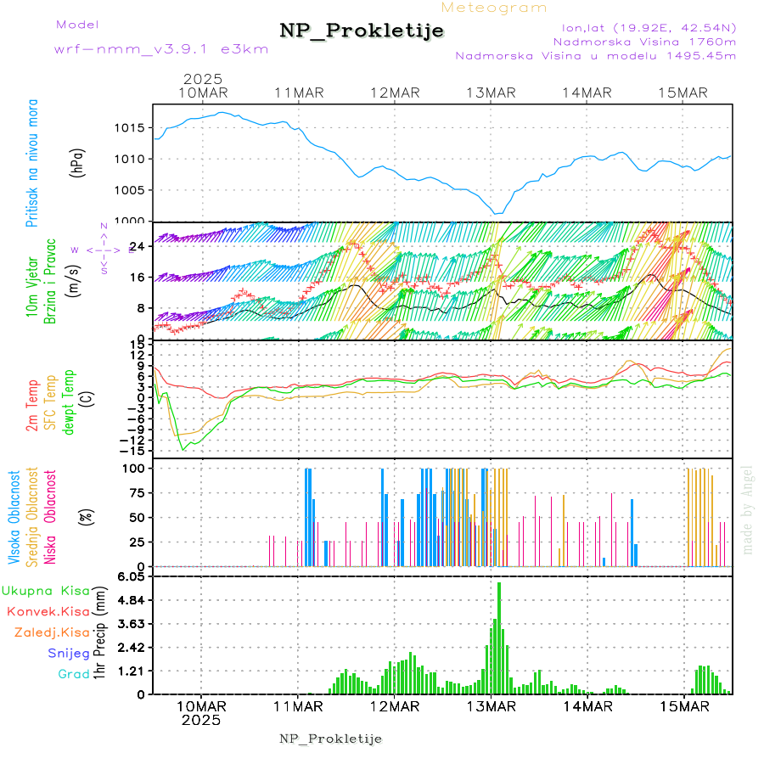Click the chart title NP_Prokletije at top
pyautogui.click(x=362, y=31)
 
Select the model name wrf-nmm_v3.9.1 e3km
pyautogui.click(x=161, y=49)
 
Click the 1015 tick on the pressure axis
pyautogui.click(x=130, y=128)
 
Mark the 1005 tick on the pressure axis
pyautogui.click(x=130, y=190)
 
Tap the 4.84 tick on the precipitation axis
pyautogui.click(x=132, y=600)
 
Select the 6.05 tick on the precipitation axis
pyautogui.click(x=132, y=576)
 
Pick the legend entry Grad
pyautogui.click(x=73, y=674)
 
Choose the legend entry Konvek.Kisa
pyautogui.click(x=48, y=611)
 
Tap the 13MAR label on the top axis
pyautogui.click(x=492, y=93)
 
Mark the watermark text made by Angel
pyautogui.click(x=747, y=509)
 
